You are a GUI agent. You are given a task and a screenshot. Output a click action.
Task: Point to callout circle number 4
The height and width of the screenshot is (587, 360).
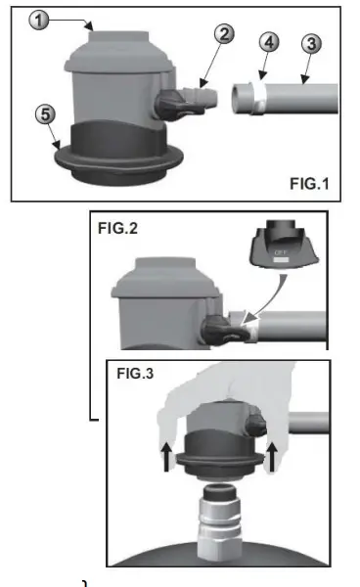[270, 44]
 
